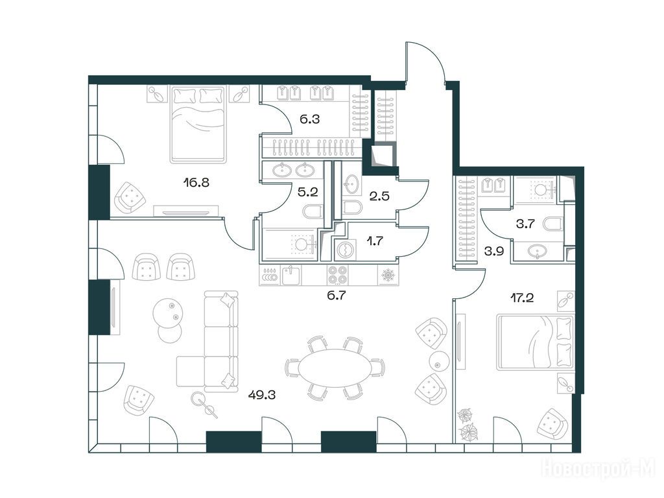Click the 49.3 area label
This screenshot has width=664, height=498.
[262, 395]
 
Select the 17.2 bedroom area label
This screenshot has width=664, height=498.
[521, 298]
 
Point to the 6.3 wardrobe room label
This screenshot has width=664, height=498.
[309, 119]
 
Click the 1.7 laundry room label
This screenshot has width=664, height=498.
[375, 241]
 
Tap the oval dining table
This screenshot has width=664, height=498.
[335, 368]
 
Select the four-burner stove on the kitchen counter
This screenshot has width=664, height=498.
[337, 275]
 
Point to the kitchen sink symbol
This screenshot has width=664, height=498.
[291, 275]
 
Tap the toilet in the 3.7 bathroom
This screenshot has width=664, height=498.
[554, 224]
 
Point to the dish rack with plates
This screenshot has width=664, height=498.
[270, 275]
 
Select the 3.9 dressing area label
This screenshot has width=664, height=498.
[493, 251]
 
